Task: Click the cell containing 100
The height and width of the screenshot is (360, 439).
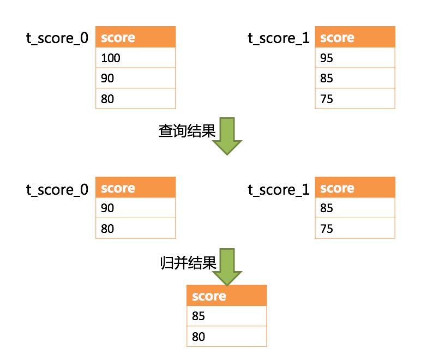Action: click(x=135, y=58)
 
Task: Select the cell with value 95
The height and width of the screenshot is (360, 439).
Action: click(x=354, y=58)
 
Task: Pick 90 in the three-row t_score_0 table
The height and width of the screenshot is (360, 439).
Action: click(x=135, y=78)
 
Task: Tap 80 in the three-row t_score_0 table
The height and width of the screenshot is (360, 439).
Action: click(x=135, y=99)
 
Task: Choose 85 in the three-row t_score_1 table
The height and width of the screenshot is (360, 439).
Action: click(x=354, y=78)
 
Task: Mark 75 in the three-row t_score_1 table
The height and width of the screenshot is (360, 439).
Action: click(x=354, y=99)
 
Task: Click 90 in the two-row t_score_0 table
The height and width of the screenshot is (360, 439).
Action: click(x=135, y=208)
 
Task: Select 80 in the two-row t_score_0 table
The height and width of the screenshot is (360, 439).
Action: click(x=135, y=229)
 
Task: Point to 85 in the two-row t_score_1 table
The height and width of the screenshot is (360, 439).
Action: click(x=354, y=208)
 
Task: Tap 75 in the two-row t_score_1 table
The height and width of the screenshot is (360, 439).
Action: click(x=354, y=229)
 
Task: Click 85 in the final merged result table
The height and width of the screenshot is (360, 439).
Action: click(x=226, y=316)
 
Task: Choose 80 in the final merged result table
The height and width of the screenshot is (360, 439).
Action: click(x=226, y=337)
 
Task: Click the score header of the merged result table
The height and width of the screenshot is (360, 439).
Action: click(x=226, y=296)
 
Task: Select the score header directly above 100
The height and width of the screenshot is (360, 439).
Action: click(x=135, y=37)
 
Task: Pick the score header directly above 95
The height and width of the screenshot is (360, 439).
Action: click(x=354, y=37)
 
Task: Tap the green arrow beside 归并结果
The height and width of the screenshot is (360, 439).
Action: click(x=226, y=267)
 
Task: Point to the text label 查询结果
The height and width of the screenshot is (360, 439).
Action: click(x=187, y=131)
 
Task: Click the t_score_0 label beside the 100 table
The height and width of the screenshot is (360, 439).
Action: click(x=57, y=38)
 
